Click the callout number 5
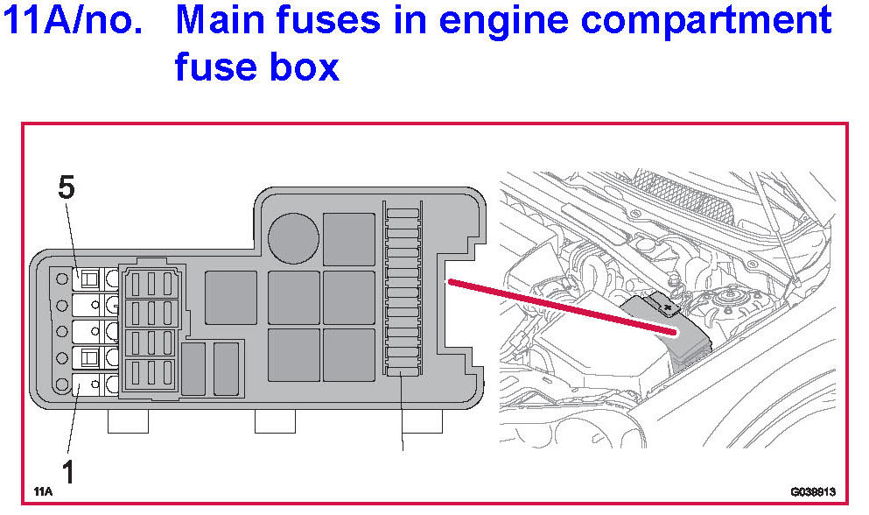pyautogui.click(x=67, y=187)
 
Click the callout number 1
pyautogui.click(x=67, y=472)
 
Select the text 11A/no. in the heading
pyautogui.click(x=73, y=21)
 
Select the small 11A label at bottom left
pyautogui.click(x=43, y=491)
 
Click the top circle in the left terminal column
pyautogui.click(x=61, y=279)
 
